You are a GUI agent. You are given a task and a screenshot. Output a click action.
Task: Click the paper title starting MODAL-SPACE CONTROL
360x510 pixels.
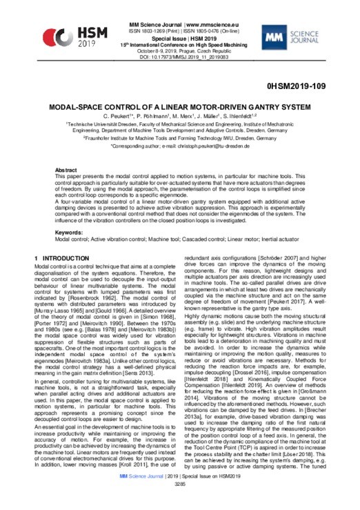point(180,108)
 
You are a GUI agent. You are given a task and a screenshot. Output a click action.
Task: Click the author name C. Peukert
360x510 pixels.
point(117,117)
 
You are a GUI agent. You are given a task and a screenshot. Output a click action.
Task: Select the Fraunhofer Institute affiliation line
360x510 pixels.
point(180,138)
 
